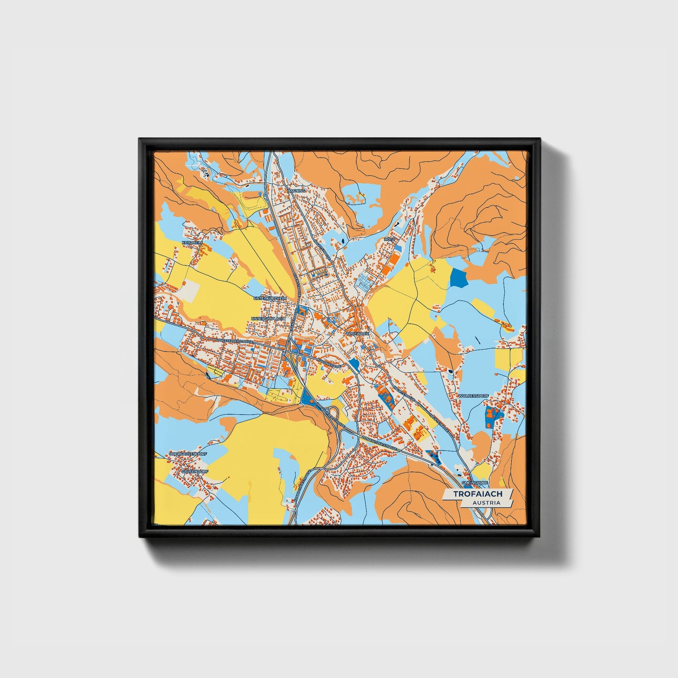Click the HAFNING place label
(297, 191)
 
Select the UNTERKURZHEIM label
(269, 298)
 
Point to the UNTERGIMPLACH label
(268, 319)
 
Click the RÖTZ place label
(389, 239)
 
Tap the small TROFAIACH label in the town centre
(358, 333)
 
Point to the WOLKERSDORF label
(473, 396)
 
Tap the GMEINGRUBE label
(474, 482)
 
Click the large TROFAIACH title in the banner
(478, 494)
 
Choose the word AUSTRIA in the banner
(486, 503)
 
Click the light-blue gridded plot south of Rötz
(364, 282)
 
